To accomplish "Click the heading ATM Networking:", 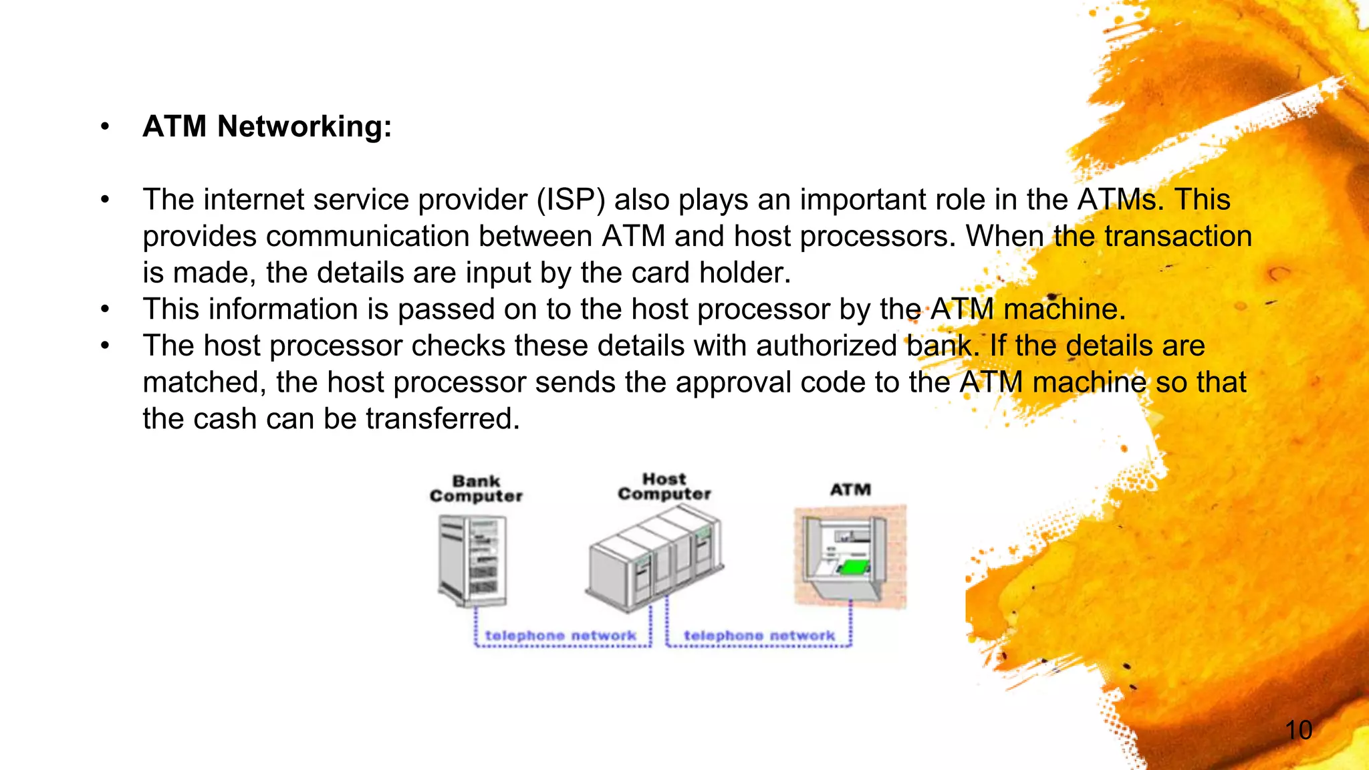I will tap(267, 126).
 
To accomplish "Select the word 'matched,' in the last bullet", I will tap(205, 383).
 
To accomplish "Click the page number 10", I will tap(1298, 730).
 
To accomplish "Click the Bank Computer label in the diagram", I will tap(476, 489).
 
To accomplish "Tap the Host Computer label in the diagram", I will tap(664, 487).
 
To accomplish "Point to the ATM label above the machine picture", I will tap(850, 490).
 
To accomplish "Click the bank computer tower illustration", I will tap(473, 560).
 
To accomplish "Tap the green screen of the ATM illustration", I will tap(854, 567).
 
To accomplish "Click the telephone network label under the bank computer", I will tap(560, 636).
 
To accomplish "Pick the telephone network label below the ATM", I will tap(759, 636).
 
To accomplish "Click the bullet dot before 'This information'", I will tap(105, 309).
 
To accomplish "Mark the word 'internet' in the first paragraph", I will tap(253, 200).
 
